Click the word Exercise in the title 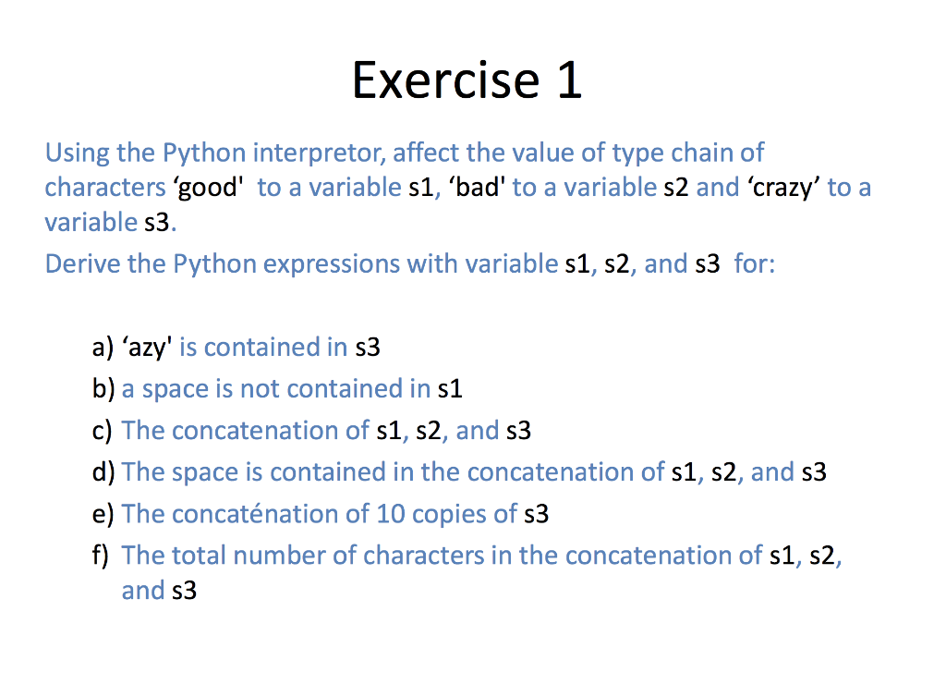tap(446, 80)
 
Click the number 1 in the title tap(569, 80)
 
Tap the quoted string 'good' tap(209, 188)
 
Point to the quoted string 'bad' tap(477, 187)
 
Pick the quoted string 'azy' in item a tap(147, 348)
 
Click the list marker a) tap(103, 348)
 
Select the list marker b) tap(103, 389)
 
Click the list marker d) tap(103, 472)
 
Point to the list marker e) tap(103, 515)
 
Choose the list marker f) tap(100, 556)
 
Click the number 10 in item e tap(391, 514)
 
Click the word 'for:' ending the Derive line tap(755, 264)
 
